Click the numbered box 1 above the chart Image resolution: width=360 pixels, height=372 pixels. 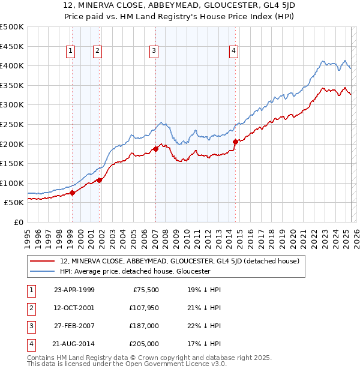pos(71,52)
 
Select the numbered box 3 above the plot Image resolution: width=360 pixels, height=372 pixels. pos(154,52)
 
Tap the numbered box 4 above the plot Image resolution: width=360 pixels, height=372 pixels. pos(233,52)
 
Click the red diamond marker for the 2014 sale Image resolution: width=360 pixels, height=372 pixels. pos(235,142)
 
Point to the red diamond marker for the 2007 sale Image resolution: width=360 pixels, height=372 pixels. pos(155,148)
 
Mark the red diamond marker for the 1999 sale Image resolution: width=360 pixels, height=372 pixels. pos(72,193)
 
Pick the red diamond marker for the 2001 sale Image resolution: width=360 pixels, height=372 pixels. pos(99,180)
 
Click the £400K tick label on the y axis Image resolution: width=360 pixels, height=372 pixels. pos(12,65)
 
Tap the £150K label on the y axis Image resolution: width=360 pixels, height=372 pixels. pos(12,163)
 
